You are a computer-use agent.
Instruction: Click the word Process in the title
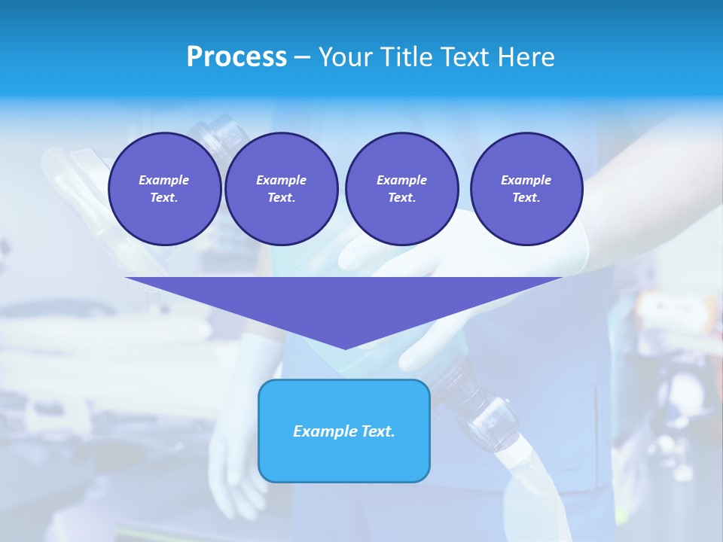[236, 57]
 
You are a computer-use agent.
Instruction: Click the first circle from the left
[164, 189]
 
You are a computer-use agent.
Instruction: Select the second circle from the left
[282, 189]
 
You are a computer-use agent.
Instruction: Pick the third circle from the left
[401, 189]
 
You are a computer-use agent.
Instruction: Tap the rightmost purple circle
[526, 189]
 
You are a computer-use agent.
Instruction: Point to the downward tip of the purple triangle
[345, 348]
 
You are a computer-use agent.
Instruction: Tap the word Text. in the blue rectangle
[378, 431]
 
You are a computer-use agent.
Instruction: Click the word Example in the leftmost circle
[164, 180]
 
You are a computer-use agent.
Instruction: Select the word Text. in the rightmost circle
[526, 198]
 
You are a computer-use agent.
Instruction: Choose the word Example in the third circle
[401, 180]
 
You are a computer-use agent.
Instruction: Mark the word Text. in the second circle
[282, 198]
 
